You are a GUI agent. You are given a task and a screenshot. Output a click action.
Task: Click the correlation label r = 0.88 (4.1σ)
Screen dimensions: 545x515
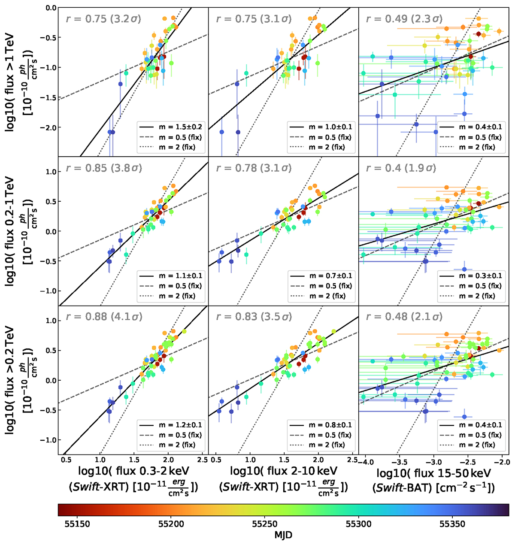point(103,317)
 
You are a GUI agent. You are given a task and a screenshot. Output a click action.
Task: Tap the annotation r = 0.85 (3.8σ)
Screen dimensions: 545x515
point(103,168)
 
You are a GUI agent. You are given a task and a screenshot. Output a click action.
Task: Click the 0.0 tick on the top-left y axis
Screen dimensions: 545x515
point(51,8)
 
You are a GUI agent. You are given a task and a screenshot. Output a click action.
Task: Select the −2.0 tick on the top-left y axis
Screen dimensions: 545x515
point(49,127)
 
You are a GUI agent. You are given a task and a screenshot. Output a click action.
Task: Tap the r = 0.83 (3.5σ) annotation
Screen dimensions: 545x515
point(254,317)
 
